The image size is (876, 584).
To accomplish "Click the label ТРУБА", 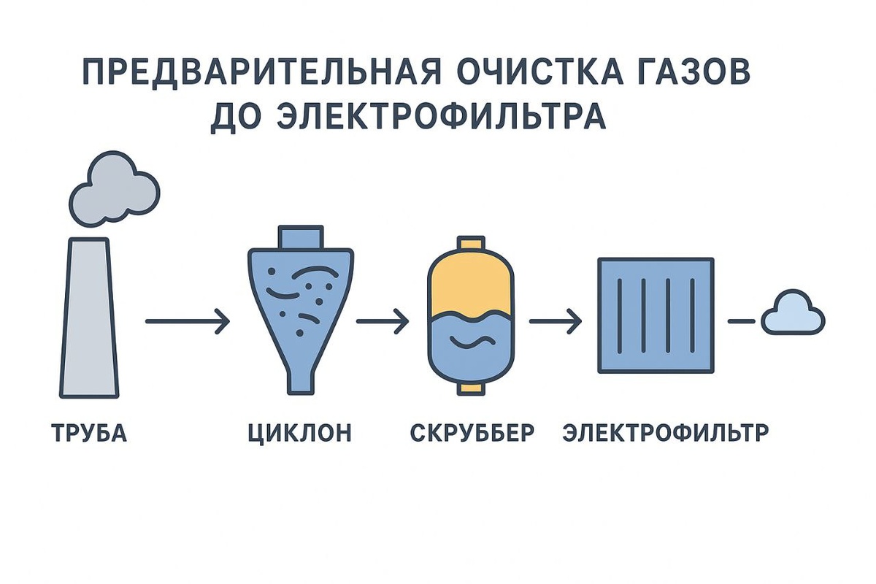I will click(x=90, y=433).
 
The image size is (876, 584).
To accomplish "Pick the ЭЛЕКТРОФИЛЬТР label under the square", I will click(x=666, y=433).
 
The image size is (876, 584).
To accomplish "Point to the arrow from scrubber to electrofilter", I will click(x=556, y=321).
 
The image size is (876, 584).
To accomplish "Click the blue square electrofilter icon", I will click(x=656, y=315).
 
